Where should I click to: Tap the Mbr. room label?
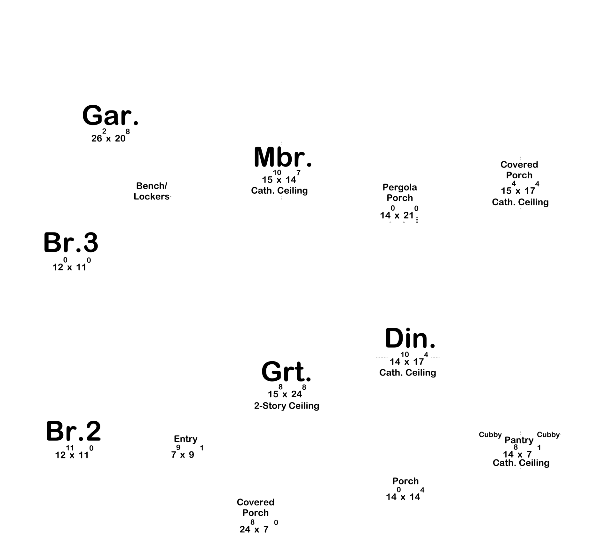[x=283, y=157]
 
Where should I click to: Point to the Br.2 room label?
[x=73, y=431]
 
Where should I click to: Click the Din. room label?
[x=410, y=338]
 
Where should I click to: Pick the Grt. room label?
[x=286, y=371]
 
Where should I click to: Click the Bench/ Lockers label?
[x=151, y=191]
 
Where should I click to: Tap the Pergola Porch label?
[x=400, y=192]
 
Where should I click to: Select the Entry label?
[x=185, y=439]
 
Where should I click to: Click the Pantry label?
[x=519, y=440]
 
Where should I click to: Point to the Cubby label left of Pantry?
[x=490, y=435]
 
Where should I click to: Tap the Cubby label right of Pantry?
[x=548, y=435]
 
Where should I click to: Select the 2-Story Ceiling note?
[x=287, y=406]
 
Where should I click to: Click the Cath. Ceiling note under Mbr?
[x=279, y=191]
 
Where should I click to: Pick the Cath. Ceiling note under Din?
[x=407, y=372]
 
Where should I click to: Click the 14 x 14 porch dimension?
[x=405, y=494]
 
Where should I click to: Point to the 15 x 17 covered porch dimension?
[x=520, y=188]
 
